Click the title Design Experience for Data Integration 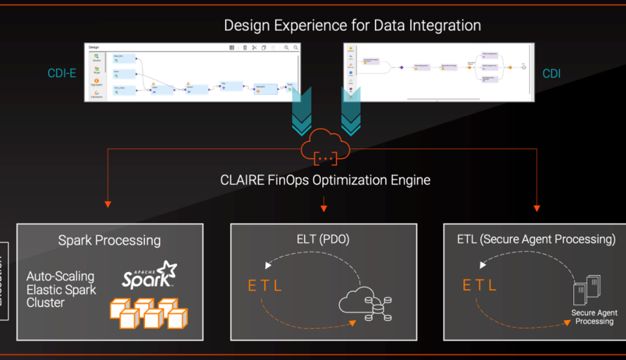point(352,25)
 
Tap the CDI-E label point(62,73)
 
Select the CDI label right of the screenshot point(551,73)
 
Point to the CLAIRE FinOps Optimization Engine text point(325,180)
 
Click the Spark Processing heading point(109,240)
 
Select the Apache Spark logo point(149,275)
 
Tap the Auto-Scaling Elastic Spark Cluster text point(61,290)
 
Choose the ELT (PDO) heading point(324,239)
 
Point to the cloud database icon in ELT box point(365,304)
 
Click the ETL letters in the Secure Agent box point(479,285)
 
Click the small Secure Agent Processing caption point(594,317)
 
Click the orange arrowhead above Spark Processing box point(108,205)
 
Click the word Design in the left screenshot point(94,47)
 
